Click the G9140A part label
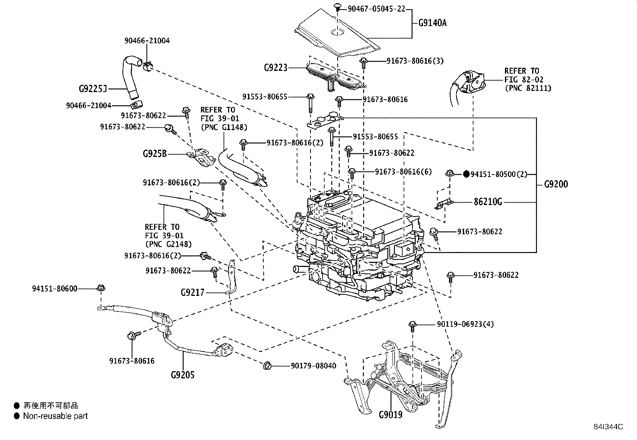click(432, 23)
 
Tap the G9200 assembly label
click(556, 184)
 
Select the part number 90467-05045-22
click(377, 9)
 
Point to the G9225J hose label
click(93, 89)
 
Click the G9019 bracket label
click(391, 415)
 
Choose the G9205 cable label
click(182, 375)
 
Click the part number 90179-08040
click(313, 366)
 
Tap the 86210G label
click(488, 202)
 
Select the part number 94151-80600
click(54, 289)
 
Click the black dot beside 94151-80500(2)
click(467, 174)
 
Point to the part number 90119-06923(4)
click(465, 324)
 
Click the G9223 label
click(276, 68)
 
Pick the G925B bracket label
click(155, 154)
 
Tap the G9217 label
click(192, 292)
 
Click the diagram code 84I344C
click(608, 427)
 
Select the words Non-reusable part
click(56, 416)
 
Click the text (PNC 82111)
click(528, 88)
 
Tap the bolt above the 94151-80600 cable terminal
click(101, 288)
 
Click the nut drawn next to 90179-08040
click(267, 366)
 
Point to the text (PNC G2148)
click(168, 244)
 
